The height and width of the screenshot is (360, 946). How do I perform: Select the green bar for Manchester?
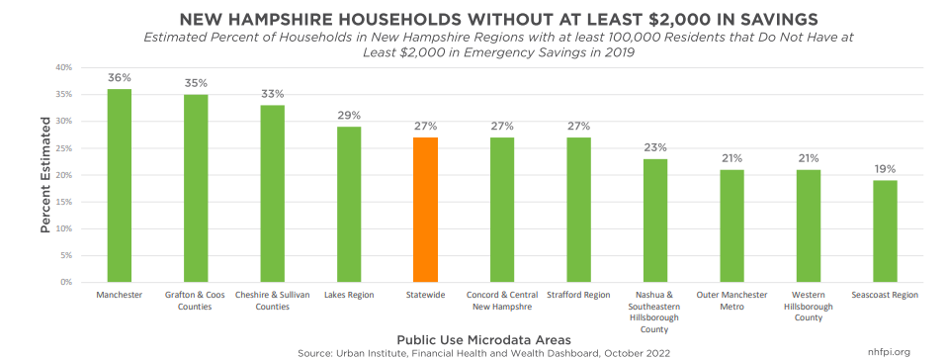pyautogui.click(x=120, y=185)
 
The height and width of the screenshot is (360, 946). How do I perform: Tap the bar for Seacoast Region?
pyautogui.click(x=884, y=230)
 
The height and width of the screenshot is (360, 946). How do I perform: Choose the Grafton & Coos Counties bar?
pyautogui.click(x=196, y=188)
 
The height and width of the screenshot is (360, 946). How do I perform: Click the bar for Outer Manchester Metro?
pyautogui.click(x=731, y=225)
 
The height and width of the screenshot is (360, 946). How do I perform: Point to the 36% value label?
pyautogui.click(x=120, y=78)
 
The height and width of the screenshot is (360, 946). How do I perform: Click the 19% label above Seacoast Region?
pyautogui.click(x=884, y=169)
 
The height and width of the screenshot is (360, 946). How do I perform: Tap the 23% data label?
pyautogui.click(x=654, y=148)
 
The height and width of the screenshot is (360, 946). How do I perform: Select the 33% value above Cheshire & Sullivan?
pyautogui.click(x=273, y=94)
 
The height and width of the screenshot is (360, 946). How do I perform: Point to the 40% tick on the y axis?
pyautogui.click(x=63, y=67)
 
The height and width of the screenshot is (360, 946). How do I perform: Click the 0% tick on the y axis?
pyautogui.click(x=65, y=282)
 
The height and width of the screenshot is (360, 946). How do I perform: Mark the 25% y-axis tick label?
pyautogui.click(x=63, y=148)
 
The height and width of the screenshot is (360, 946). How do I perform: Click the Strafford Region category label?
pyautogui.click(x=578, y=295)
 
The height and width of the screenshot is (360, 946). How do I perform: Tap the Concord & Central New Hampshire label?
pyautogui.click(x=502, y=301)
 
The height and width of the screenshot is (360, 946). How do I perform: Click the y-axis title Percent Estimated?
pyautogui.click(x=45, y=175)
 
